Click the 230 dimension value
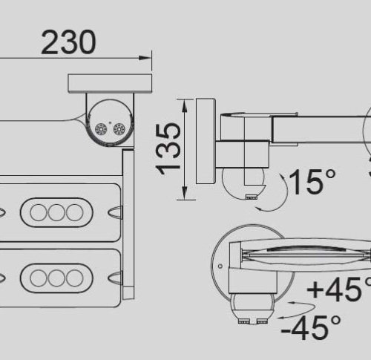coord(68,42)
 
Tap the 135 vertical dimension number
coord(168,148)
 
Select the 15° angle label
coord(312,181)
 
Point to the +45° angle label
coord(340,289)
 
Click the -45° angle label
coord(311,328)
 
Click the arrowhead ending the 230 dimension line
coord(145,58)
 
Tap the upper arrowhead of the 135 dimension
coord(184,106)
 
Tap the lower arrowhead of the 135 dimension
coord(184,192)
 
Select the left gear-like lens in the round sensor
coord(101,129)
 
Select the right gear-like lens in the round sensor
coord(119,129)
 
